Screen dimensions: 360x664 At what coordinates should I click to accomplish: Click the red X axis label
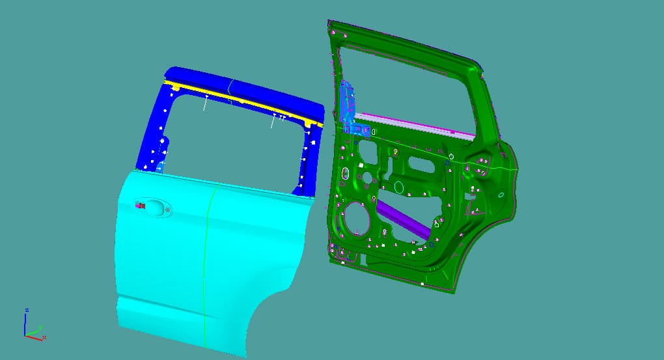(44, 337)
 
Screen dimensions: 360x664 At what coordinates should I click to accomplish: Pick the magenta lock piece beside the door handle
(139, 206)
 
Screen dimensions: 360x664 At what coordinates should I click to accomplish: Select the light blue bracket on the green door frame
(347, 104)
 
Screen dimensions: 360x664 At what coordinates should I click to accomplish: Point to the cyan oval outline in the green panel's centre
(399, 188)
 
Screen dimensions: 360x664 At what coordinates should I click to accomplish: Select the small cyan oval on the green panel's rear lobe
(501, 195)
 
